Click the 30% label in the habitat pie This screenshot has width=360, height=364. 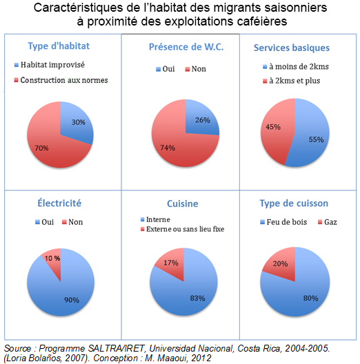pos(78,122)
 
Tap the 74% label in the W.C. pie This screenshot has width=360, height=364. pos(168,148)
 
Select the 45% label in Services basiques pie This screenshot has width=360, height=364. pos(273,127)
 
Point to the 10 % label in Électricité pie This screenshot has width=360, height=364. pos(52,258)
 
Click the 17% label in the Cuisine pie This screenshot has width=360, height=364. pos(171,263)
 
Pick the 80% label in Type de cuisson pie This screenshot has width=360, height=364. pos(310,298)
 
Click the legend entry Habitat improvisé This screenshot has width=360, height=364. pos(50,65)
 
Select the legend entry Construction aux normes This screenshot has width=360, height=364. pos(61,80)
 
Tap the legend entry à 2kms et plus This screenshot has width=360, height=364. pos(292,81)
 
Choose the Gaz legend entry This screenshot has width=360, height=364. pos(328,222)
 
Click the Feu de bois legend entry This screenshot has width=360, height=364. pos(283,222)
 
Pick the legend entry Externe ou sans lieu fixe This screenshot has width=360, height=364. pos(183,229)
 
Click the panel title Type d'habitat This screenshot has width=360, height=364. pos(59,45)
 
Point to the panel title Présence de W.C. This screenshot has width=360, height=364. pos(186,47)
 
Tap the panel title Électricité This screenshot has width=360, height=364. pos(59,203)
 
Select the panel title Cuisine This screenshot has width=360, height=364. pos(183,203)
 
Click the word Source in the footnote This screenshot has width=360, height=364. pos(18,348)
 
